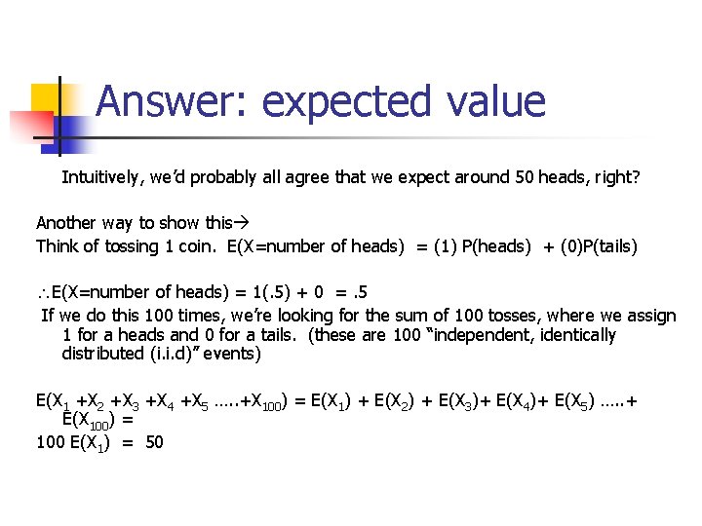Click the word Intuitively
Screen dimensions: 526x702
pyautogui.click(x=101, y=178)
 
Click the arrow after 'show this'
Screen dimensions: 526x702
pyautogui.click(x=242, y=224)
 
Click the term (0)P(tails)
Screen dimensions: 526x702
pyautogui.click(x=596, y=246)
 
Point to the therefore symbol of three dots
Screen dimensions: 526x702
pyautogui.click(x=42, y=292)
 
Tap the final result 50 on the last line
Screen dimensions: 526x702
pyautogui.click(x=154, y=443)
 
